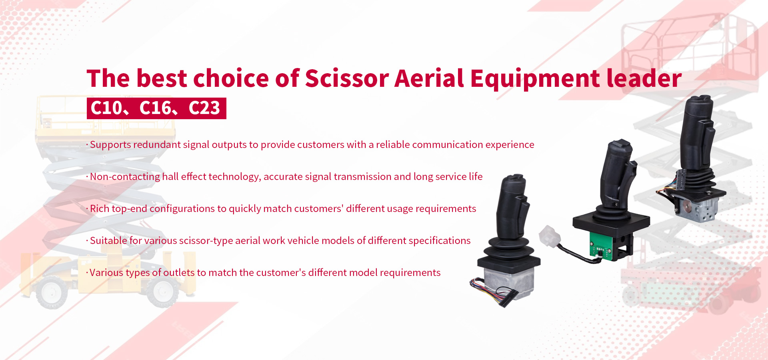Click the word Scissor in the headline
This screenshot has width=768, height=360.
(x=347, y=78)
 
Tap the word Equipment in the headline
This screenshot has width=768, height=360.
(x=535, y=79)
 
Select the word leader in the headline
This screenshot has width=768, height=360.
(x=644, y=78)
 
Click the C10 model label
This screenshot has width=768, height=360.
(x=106, y=108)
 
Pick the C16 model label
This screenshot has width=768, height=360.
(x=155, y=108)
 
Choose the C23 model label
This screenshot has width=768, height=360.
(x=204, y=108)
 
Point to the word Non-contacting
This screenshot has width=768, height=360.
(x=125, y=177)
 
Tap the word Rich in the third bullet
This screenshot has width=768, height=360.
(x=100, y=208)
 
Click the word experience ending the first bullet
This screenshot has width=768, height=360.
(x=510, y=145)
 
